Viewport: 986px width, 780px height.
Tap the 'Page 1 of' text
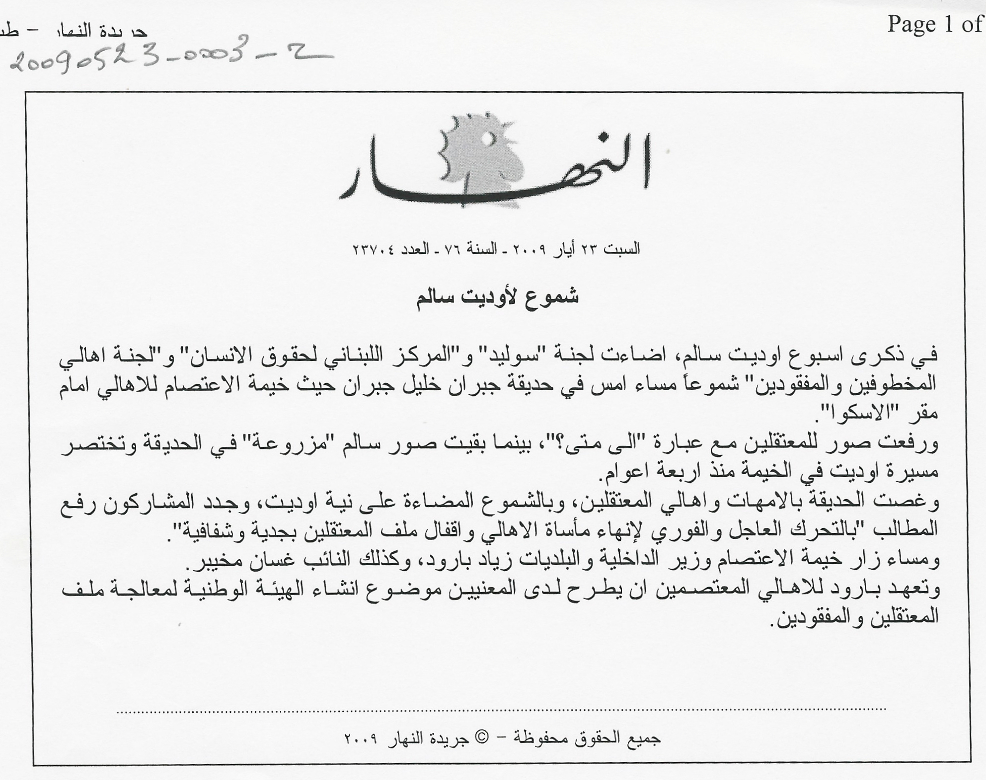(x=934, y=24)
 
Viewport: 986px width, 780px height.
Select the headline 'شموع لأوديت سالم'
(x=497, y=297)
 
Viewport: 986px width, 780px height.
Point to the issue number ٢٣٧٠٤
(x=373, y=249)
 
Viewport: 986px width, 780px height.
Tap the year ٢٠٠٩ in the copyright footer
(x=362, y=739)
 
